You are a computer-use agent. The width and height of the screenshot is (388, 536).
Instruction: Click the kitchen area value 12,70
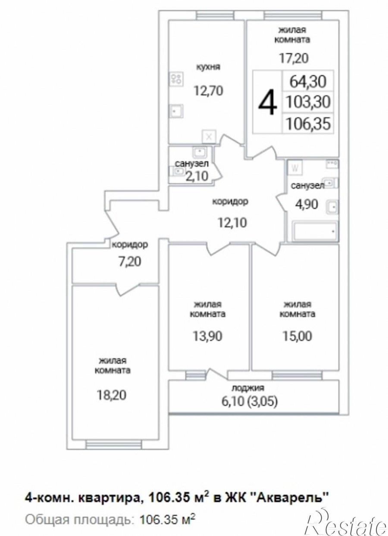pyautogui.click(x=209, y=91)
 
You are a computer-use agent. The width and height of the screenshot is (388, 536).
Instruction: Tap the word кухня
pyautogui.click(x=208, y=67)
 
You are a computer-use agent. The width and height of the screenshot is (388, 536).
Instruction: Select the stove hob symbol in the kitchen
pyautogui.click(x=176, y=79)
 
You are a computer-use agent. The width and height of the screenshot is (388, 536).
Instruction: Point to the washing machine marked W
pyautogui.click(x=295, y=168)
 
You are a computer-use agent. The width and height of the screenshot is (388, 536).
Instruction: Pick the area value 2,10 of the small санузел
pyautogui.click(x=197, y=177)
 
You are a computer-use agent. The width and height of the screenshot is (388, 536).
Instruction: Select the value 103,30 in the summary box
pyautogui.click(x=308, y=102)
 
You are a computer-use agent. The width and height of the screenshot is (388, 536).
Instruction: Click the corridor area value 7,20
pyautogui.click(x=127, y=261)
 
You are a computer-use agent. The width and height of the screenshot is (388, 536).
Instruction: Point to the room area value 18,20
pyautogui.click(x=111, y=395)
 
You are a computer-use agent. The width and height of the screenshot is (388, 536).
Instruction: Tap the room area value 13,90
pyautogui.click(x=208, y=336)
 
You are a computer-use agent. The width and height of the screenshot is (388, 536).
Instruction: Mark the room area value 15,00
pyautogui.click(x=297, y=336)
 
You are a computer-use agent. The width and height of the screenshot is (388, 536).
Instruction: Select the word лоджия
pyautogui.click(x=248, y=388)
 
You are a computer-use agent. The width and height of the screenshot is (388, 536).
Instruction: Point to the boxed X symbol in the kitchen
pyautogui.click(x=209, y=137)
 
